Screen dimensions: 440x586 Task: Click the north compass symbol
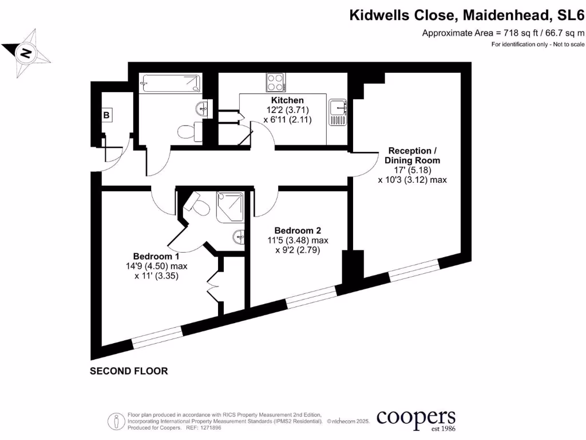26,54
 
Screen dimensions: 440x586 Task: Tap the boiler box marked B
106,115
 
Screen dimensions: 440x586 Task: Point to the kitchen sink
338,112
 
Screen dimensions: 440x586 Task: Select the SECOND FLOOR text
129,371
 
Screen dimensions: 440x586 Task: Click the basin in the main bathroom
201,108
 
